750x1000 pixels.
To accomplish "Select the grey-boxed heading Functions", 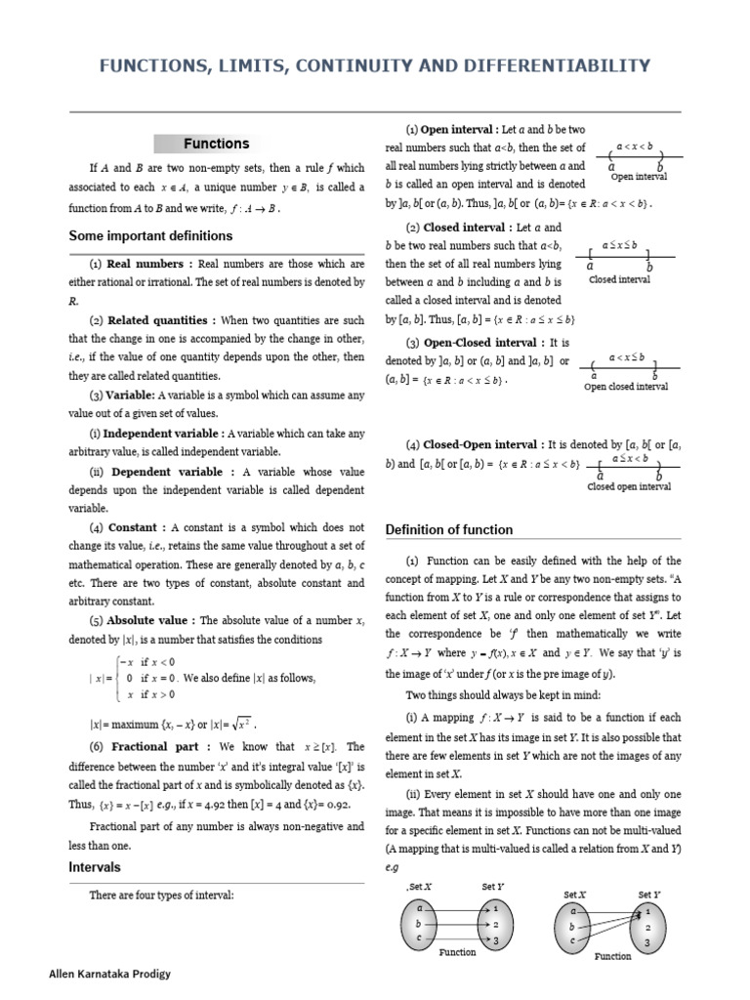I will click(x=216, y=144).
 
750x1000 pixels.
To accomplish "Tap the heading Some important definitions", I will click(x=150, y=235).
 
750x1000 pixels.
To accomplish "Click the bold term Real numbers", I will click(x=146, y=264).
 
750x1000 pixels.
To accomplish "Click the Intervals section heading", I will click(x=95, y=866).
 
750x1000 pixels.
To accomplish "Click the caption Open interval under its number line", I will click(x=639, y=177).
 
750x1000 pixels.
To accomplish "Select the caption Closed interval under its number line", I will click(x=620, y=279).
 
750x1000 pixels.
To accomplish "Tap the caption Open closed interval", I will click(x=626, y=387).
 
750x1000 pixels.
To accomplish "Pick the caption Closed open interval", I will click(x=629, y=487).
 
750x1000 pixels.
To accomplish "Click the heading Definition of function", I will click(x=448, y=529).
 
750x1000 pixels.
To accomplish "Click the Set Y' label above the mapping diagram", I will click(x=649, y=894).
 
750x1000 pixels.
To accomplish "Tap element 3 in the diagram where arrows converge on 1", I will click(x=646, y=944).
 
